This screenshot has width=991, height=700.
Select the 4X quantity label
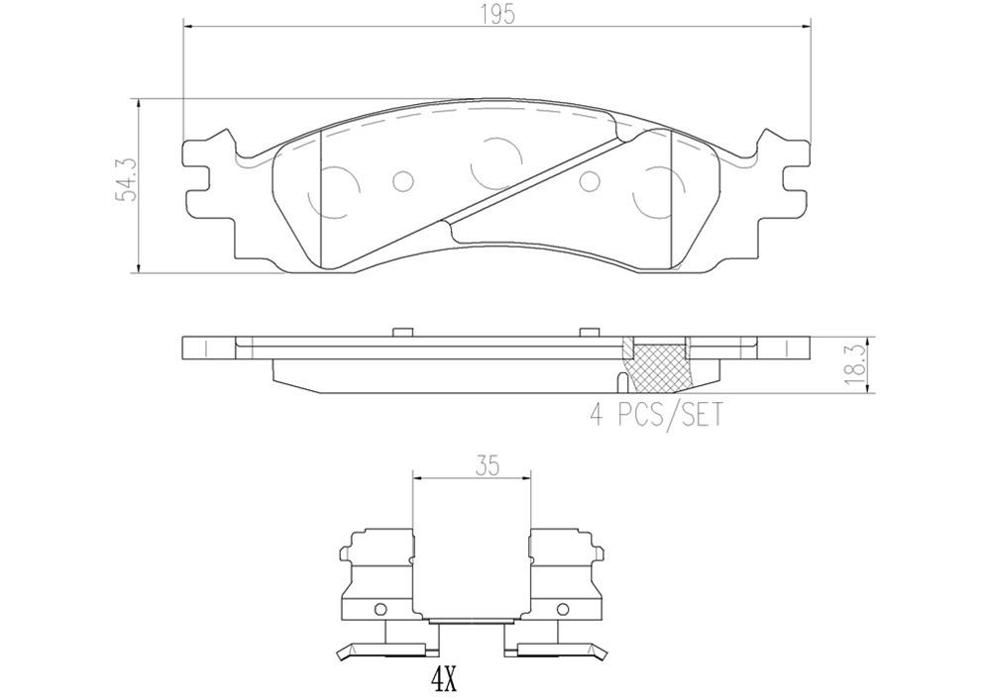point(442,680)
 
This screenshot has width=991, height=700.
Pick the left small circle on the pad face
point(401,181)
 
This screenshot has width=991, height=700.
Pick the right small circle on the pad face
point(590,181)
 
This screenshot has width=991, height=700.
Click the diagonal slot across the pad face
point(535,184)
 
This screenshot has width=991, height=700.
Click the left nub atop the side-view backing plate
point(401,332)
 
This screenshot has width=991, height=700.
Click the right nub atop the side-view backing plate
point(590,332)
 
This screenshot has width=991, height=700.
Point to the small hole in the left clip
point(378,609)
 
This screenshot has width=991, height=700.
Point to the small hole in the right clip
point(564,609)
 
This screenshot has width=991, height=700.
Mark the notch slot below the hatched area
point(621,382)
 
